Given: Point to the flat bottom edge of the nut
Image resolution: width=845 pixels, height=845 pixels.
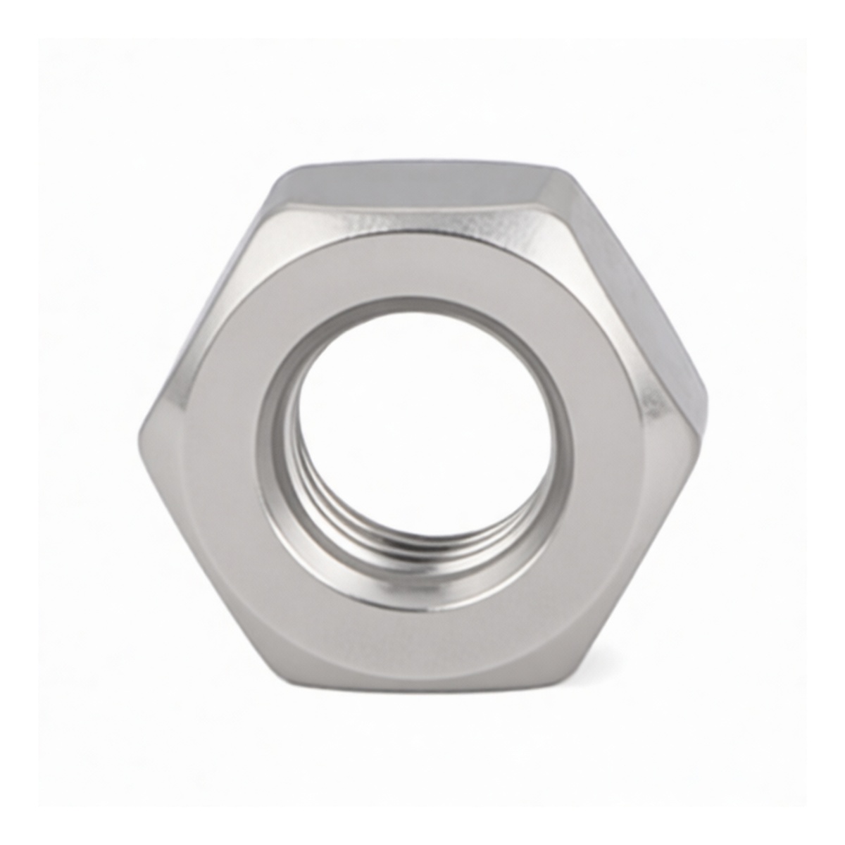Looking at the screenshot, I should [x=423, y=687].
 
